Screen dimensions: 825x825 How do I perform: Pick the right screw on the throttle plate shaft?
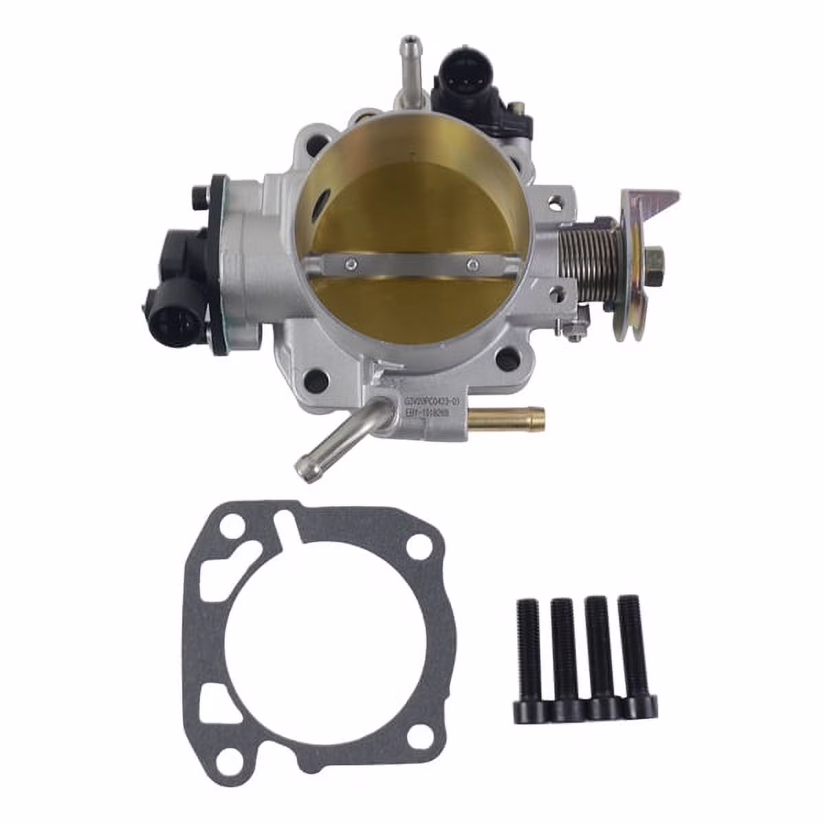(x=472, y=262)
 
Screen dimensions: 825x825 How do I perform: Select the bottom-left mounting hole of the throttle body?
(x=318, y=376)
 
